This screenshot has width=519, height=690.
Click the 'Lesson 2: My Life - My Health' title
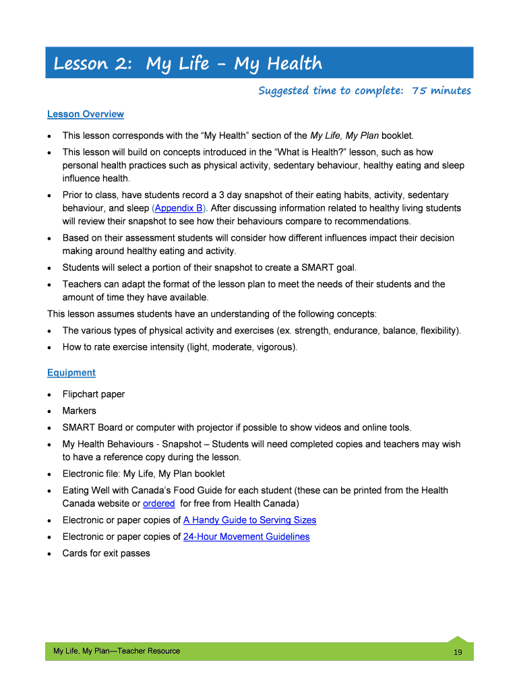187,64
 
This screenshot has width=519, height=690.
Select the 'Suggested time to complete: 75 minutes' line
364,91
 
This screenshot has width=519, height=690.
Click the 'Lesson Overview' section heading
85,115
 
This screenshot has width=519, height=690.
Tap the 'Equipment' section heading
71,373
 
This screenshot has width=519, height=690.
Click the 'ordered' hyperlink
159,503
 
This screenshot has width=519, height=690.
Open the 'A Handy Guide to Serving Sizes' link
249,520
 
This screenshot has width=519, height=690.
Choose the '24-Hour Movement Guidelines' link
246,537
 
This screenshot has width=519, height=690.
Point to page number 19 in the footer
458,652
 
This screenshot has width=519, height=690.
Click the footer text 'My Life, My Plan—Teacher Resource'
117,651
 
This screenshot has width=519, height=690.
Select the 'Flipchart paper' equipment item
93,394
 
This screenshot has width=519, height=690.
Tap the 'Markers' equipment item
79,410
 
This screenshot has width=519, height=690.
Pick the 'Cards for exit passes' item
106,553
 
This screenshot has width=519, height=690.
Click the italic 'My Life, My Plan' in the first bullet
344,135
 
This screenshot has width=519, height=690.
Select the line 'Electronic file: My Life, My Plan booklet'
144,474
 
